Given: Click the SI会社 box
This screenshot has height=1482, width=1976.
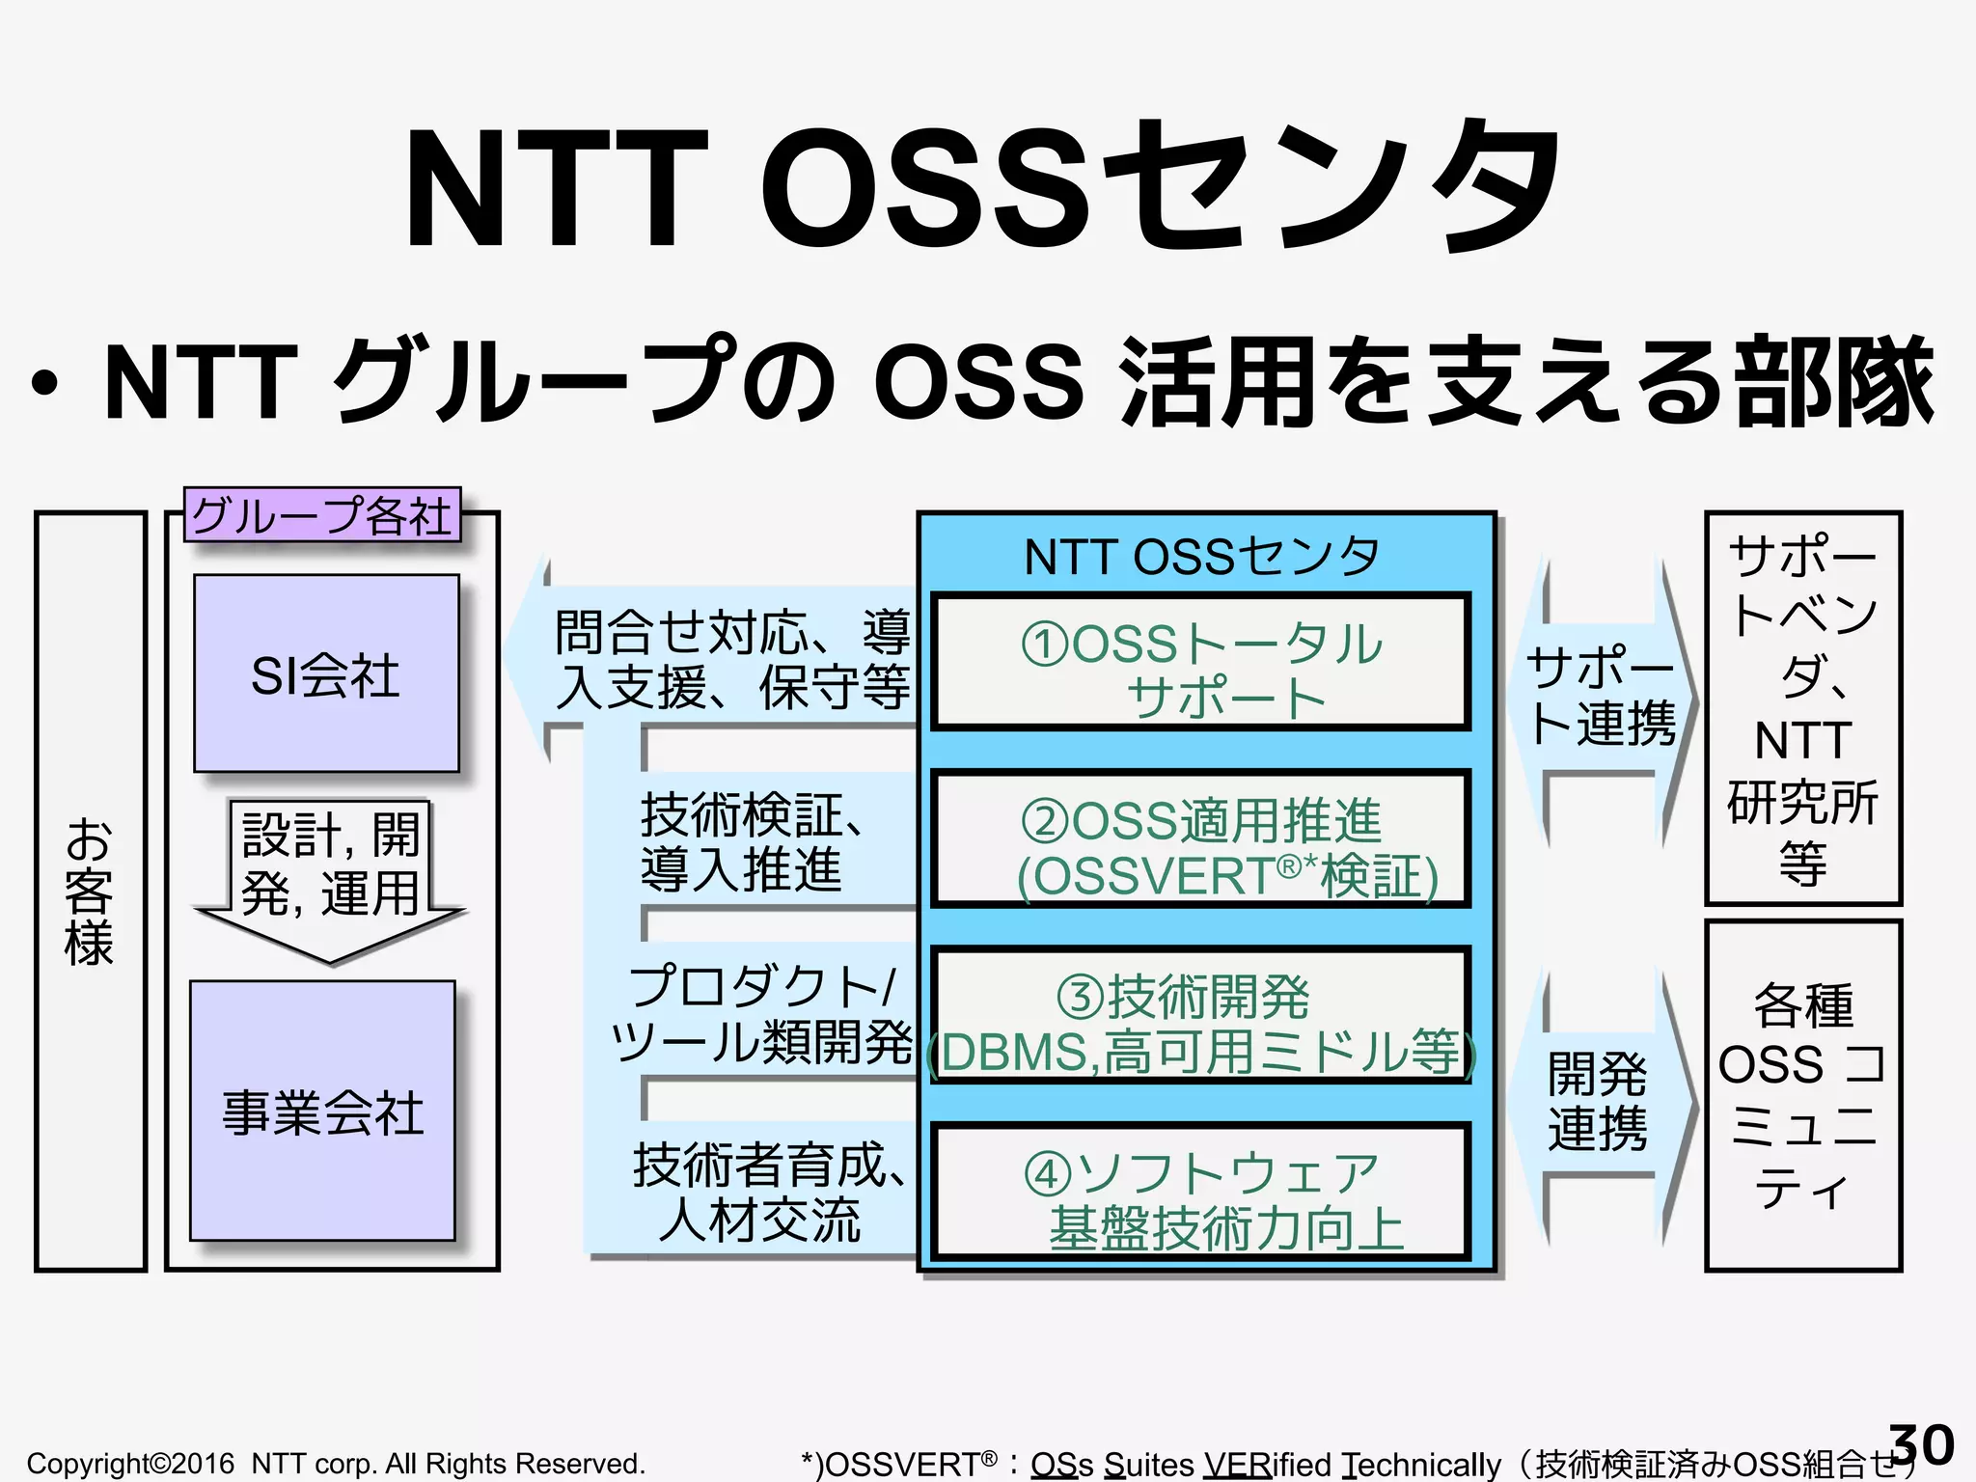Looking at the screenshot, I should click(326, 673).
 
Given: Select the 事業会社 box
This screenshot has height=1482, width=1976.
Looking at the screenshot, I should click(322, 1111).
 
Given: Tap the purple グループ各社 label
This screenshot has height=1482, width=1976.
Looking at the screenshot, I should click(322, 515).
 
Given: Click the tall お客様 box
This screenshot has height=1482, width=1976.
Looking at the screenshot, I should click(90, 891).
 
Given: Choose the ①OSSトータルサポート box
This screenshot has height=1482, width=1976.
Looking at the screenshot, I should click(1200, 663).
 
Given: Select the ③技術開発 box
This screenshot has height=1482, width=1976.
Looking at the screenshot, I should click(1200, 1016).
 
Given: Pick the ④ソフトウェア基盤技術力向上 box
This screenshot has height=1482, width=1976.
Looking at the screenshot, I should click(1200, 1193).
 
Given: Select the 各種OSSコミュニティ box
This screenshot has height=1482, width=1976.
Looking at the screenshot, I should click(1802, 1096).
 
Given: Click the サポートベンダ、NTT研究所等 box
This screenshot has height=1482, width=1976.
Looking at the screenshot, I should click(1802, 708).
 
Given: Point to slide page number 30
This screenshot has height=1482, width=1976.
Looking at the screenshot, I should click(1920, 1444).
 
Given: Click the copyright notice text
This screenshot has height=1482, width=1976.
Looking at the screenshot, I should click(336, 1464).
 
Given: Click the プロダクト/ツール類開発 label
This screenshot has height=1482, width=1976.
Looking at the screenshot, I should click(762, 1015).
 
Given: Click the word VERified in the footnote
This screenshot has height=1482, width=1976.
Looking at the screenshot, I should click(1270, 1465).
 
